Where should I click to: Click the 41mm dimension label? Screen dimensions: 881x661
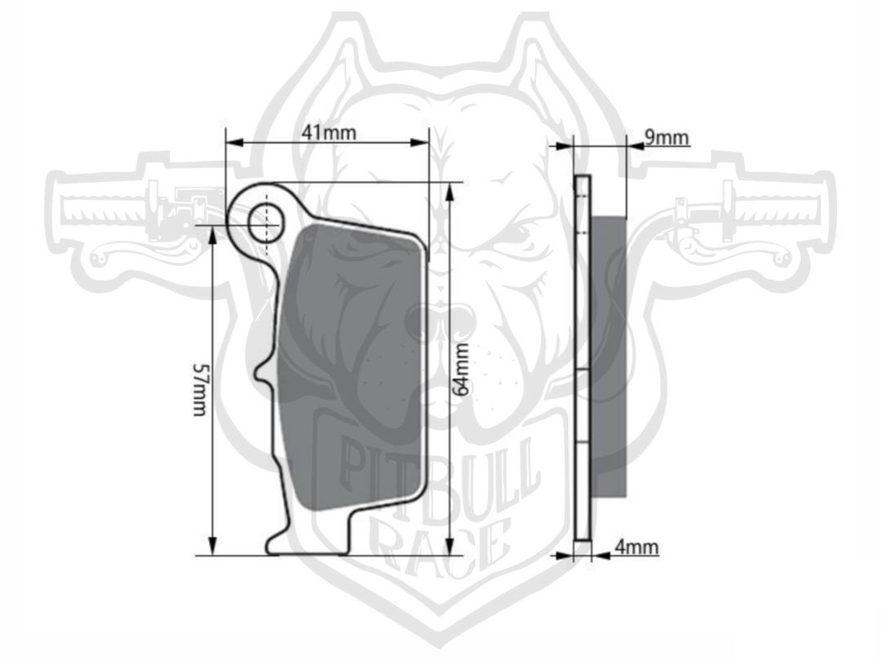point(329,132)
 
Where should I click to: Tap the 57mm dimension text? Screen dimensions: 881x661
point(201,389)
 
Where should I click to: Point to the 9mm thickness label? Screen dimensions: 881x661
point(666,137)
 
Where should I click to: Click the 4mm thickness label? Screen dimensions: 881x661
point(636,546)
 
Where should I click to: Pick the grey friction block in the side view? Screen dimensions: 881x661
point(609,357)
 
